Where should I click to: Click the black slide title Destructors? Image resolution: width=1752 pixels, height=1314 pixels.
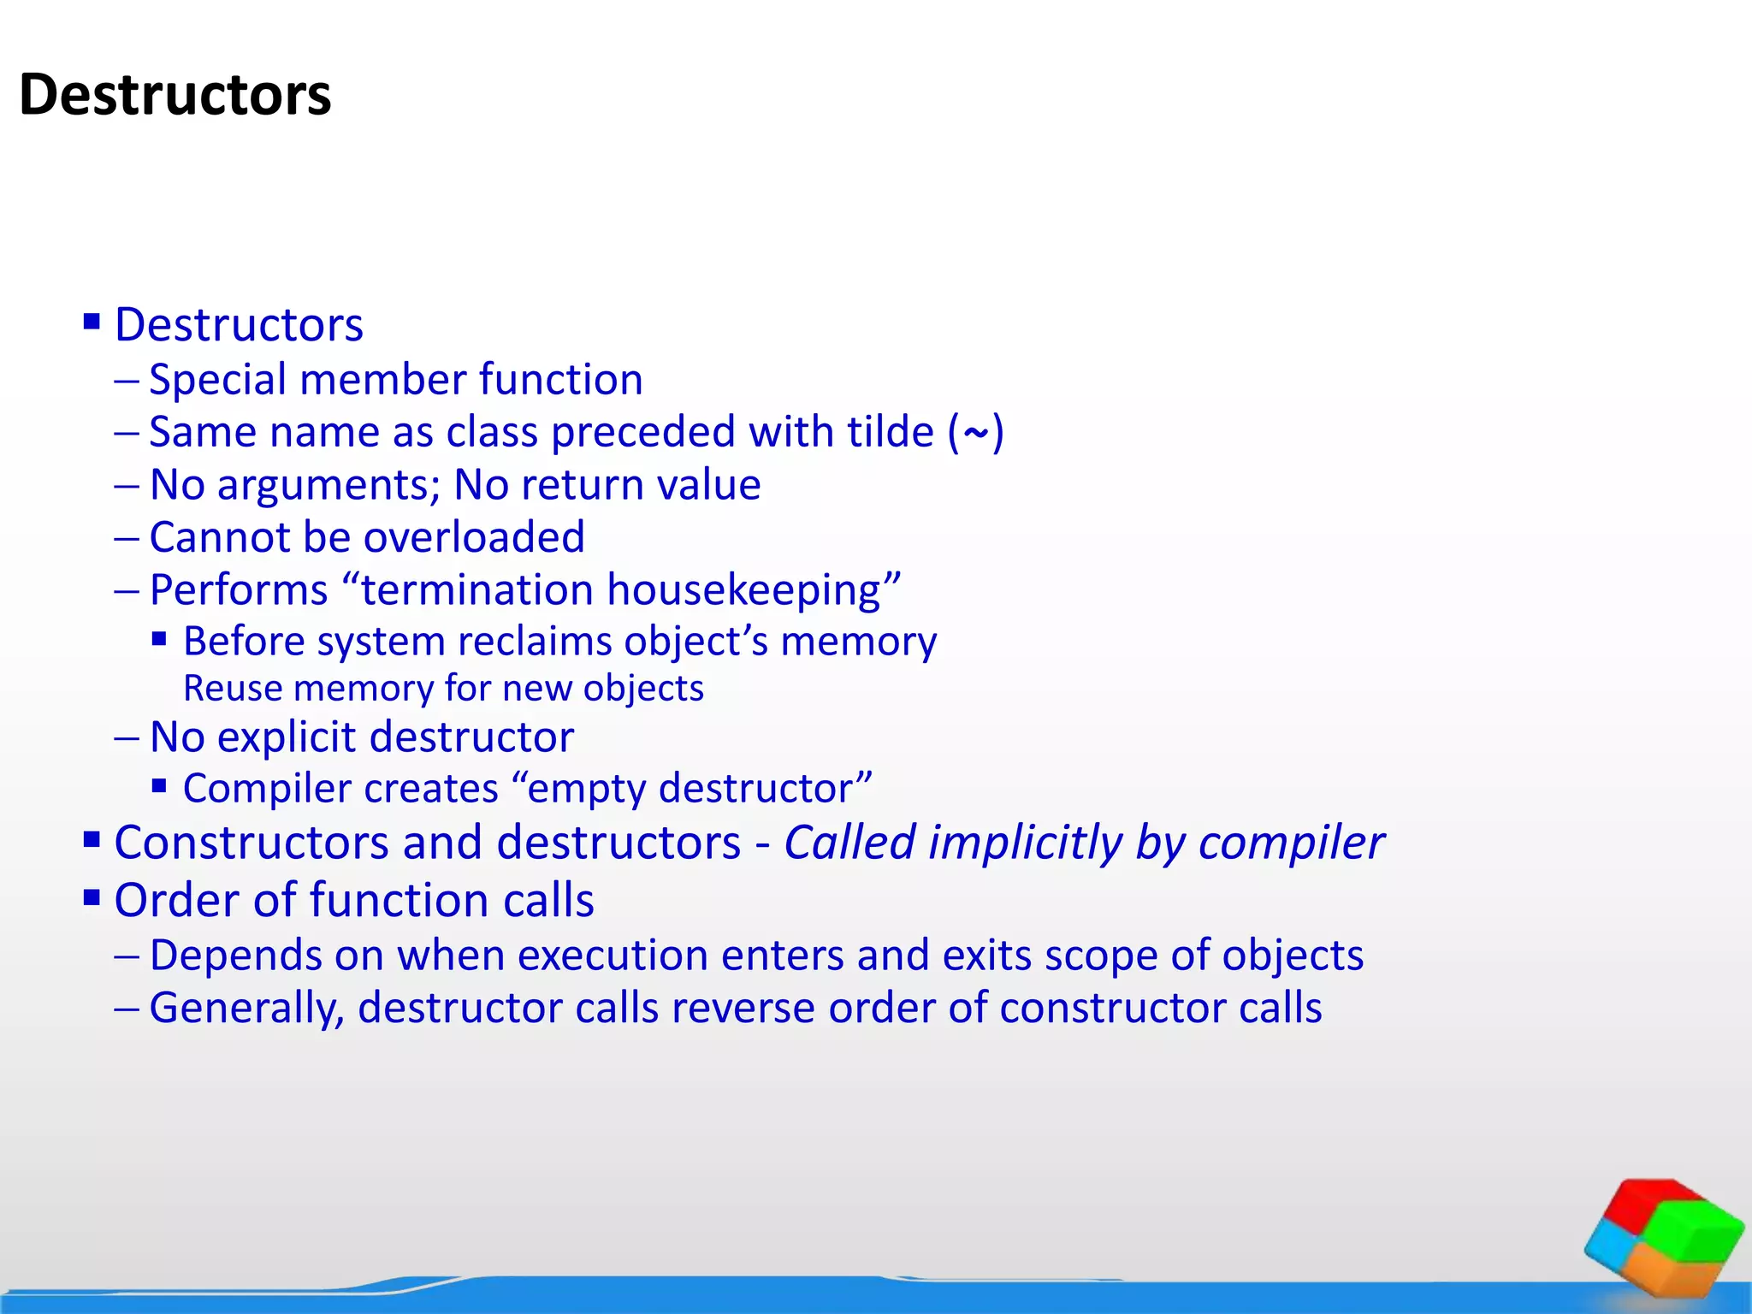175,94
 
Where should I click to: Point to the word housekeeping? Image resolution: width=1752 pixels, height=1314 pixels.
743,590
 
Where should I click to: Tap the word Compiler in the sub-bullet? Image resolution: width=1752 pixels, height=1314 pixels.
256,789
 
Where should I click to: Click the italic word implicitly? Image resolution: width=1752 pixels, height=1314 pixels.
1025,843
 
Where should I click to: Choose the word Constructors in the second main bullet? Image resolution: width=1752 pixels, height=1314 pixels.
252,843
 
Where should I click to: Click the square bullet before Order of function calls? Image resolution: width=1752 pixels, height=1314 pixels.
92,897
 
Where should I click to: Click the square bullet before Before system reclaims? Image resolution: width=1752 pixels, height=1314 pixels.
159,638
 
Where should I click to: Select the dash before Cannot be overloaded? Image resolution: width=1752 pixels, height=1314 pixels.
127,538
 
